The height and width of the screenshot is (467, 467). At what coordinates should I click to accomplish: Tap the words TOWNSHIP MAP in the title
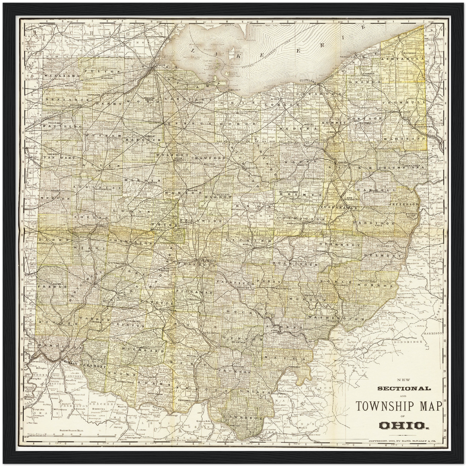(x=399, y=406)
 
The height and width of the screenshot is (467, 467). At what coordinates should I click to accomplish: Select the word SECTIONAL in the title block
(x=404, y=388)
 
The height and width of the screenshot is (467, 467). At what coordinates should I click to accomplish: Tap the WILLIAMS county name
(x=57, y=75)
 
